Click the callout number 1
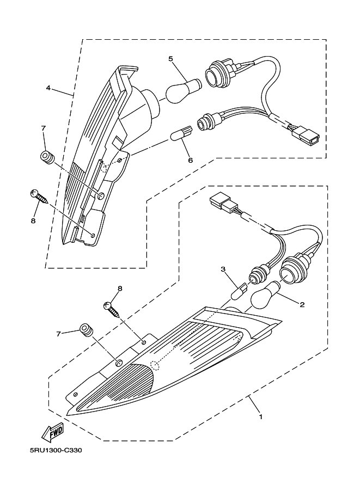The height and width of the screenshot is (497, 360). (261, 417)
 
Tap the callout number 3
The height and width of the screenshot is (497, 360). (223, 269)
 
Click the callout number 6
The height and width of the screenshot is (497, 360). (190, 159)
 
